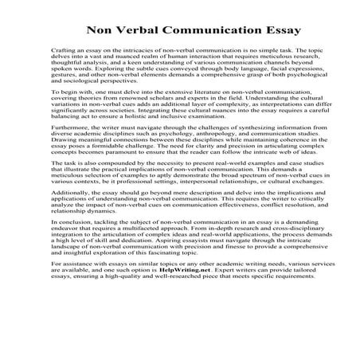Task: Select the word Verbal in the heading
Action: coord(139,33)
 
